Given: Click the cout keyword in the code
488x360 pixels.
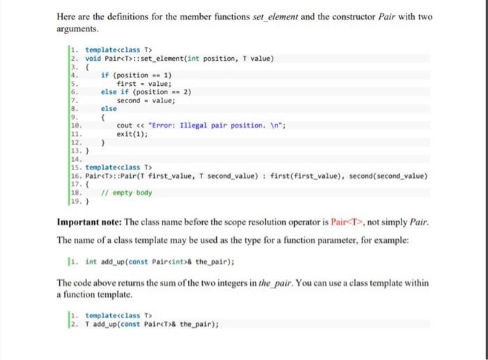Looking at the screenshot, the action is [125, 126].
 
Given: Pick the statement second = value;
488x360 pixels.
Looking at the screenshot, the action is [146, 100].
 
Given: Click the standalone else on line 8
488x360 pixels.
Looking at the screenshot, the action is [109, 109].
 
